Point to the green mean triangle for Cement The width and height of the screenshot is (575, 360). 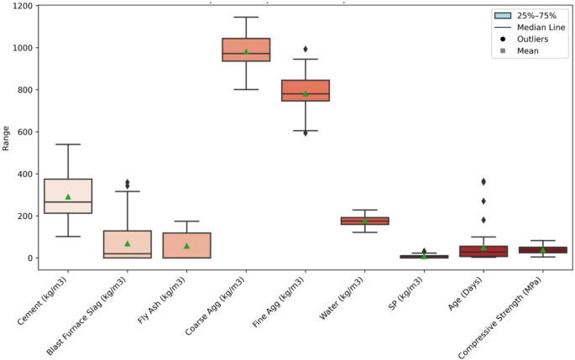pyautogui.click(x=68, y=196)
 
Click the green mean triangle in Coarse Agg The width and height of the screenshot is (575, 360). pyautogui.click(x=246, y=51)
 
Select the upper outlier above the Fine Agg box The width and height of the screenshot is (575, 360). pyautogui.click(x=306, y=49)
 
